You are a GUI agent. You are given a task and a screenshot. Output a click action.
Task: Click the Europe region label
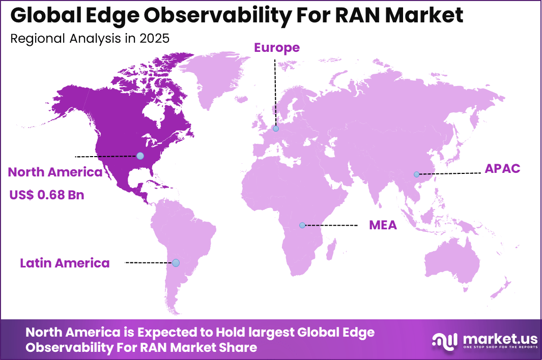[x=277, y=48]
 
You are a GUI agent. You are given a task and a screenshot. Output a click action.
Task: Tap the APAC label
[x=502, y=169]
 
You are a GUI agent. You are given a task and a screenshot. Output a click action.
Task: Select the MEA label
[x=383, y=225]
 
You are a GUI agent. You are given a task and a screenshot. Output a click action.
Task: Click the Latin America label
[x=65, y=263]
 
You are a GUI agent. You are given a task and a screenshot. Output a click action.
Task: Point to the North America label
[x=55, y=172]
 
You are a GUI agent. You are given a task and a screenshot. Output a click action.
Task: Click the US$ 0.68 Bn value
[x=46, y=195]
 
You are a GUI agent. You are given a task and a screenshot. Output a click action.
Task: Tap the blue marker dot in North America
[x=140, y=156]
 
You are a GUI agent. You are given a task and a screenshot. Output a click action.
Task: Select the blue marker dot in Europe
[x=275, y=129]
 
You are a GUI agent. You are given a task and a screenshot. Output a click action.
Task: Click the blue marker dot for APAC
[x=416, y=174]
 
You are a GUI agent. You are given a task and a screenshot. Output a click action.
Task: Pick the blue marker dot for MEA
[x=302, y=225]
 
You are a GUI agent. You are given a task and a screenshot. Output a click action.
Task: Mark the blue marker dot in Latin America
[x=176, y=263]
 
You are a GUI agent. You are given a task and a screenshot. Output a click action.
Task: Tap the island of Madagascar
[x=332, y=251]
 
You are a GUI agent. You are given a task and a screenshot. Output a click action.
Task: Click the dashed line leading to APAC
[x=450, y=174]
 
